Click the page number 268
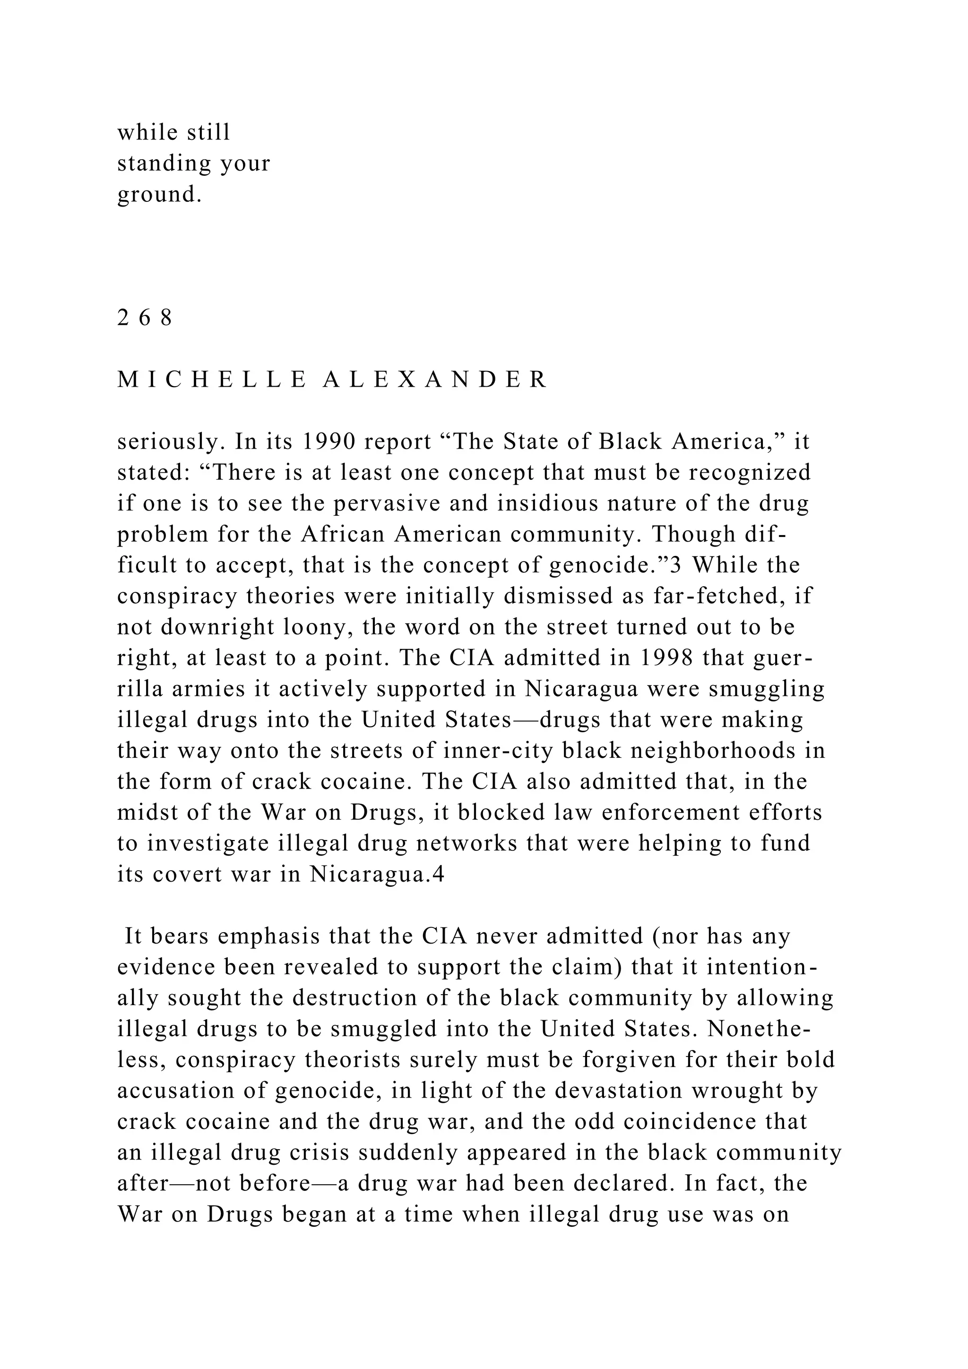tap(145, 319)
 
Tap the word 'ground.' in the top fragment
tap(160, 195)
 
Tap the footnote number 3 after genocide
tap(675, 565)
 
